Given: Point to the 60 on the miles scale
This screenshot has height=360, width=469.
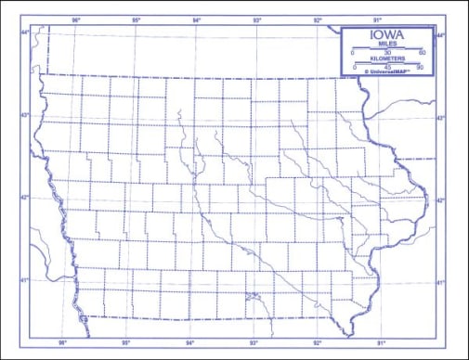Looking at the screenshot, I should coord(422,53).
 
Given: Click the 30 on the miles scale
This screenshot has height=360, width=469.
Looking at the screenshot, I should coord(387,53).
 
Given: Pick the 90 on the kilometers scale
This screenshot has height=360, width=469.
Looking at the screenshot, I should coord(420,67).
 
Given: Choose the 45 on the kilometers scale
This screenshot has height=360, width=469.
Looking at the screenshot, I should coord(387,67).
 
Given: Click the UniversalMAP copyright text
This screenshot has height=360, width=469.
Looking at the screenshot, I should coord(387,73).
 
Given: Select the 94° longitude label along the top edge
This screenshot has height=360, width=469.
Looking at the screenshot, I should coord(197,19).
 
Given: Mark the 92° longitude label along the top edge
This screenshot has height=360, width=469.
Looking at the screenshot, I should coord(318,19).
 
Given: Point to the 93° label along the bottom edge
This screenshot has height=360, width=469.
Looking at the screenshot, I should coord(253,343).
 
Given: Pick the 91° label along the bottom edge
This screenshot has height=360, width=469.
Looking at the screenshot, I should coord(380,343).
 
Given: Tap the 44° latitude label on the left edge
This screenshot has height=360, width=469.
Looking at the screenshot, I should coord(25,33).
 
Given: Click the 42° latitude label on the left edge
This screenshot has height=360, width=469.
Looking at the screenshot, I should coord(25,197).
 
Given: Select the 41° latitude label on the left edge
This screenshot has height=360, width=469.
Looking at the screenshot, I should coord(25,279).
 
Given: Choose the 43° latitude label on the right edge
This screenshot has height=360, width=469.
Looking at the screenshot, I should coord(441,118).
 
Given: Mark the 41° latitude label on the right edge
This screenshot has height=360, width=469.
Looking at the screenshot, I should coord(441,282).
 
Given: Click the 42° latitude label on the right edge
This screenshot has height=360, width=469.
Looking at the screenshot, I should coord(441,199).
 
